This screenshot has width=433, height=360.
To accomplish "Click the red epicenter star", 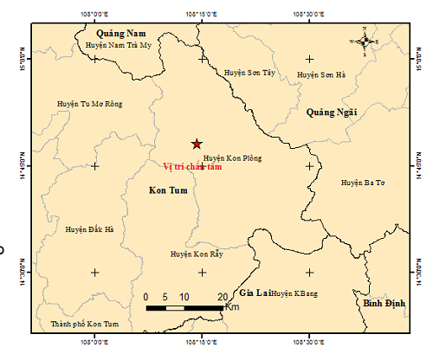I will point(197,144).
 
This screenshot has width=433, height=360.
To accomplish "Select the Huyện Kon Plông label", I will point(232,158).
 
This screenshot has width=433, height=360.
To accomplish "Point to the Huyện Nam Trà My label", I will point(120,45).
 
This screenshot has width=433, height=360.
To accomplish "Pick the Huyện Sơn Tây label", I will point(249,74).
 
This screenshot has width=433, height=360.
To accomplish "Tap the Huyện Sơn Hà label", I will point(321,75).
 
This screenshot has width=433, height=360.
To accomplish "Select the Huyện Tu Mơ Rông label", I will point(89,103).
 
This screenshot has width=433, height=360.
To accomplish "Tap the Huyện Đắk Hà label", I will point(89,229).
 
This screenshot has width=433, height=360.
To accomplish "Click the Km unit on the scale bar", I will point(231,307).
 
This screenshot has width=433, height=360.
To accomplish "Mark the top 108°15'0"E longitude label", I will point(202,14).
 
